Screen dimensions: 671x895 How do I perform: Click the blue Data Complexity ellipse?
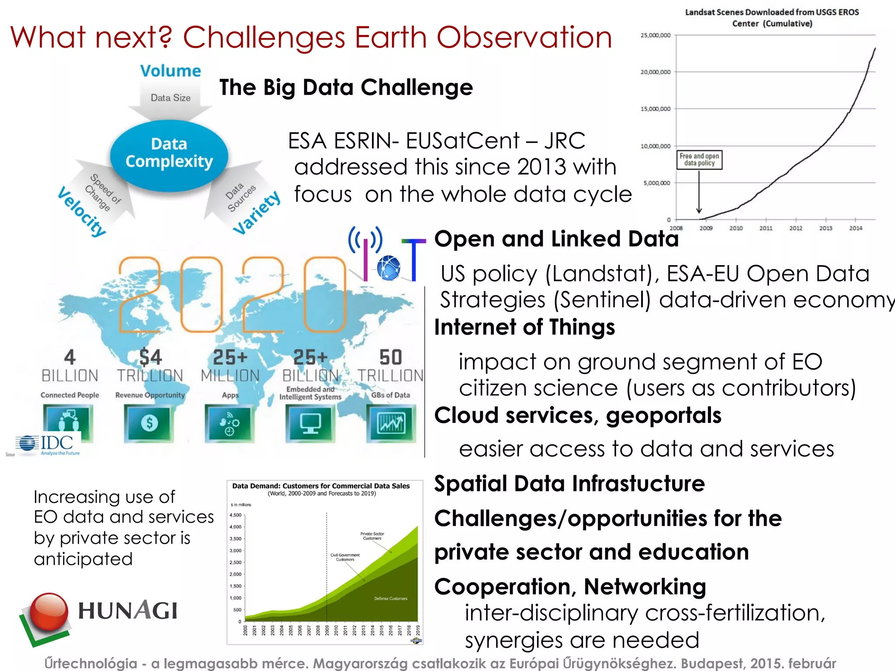tap(169, 154)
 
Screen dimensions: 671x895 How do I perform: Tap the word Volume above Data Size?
tap(170, 71)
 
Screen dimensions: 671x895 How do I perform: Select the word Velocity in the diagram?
tap(82, 211)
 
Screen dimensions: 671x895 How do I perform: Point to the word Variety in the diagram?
tap(257, 213)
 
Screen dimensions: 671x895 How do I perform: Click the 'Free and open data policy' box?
tap(699, 159)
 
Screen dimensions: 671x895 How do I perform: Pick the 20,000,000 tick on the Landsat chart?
tap(655, 72)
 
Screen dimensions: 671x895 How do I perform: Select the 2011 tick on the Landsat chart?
tap(766, 228)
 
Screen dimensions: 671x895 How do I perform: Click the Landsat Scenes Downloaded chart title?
tap(772, 18)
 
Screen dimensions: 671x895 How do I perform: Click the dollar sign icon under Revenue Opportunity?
tap(149, 423)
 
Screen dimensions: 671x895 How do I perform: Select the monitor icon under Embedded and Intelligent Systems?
tap(310, 423)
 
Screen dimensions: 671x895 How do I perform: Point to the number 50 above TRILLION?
tap(390, 357)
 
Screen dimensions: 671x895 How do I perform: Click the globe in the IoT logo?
tap(388, 267)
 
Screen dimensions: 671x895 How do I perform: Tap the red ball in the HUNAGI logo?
tap(49, 611)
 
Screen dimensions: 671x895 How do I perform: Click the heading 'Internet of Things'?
tap(524, 327)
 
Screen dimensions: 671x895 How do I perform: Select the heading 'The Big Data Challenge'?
tap(346, 87)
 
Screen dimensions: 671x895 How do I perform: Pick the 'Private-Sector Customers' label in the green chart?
tap(372, 536)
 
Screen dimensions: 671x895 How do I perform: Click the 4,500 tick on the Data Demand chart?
tap(236, 515)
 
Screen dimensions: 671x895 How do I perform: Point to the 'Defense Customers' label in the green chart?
tap(391, 598)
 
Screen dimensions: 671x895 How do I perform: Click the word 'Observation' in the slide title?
tap(524, 37)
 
